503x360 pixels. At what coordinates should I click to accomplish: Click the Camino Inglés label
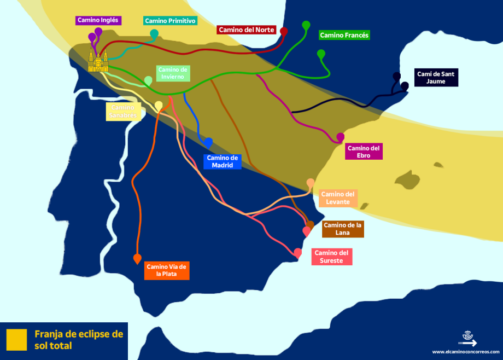tap(98, 20)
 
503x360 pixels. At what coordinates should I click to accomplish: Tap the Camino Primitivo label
tap(170, 21)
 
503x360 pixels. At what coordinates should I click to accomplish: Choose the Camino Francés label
tap(344, 35)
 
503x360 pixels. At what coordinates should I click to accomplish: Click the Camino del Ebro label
tap(364, 152)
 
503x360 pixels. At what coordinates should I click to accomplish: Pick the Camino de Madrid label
tap(222, 161)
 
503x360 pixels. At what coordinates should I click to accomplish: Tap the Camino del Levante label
tap(338, 198)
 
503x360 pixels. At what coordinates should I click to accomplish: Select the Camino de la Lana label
tap(343, 229)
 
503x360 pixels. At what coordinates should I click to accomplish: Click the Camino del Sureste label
tap(332, 257)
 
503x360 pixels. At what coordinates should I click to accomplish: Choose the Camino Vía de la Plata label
tap(167, 270)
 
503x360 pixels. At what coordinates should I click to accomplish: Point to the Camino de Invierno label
tap(173, 73)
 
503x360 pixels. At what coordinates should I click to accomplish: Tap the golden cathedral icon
tap(98, 60)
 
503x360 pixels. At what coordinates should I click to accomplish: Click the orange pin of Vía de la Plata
tap(137, 259)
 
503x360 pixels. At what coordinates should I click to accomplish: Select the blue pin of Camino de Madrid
tap(208, 142)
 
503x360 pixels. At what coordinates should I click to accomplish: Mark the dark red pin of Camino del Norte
tap(284, 31)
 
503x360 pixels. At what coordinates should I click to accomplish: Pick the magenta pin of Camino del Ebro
tap(340, 137)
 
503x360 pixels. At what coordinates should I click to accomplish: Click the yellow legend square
tap(16, 339)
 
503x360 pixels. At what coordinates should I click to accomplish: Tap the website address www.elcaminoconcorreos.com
tap(466, 352)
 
